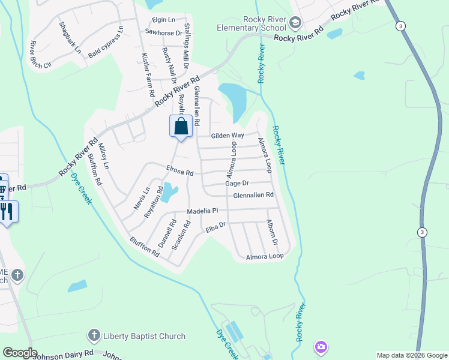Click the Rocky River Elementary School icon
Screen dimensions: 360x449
point(295,23)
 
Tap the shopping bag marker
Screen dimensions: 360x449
point(181,127)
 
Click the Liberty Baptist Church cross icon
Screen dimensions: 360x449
point(93,335)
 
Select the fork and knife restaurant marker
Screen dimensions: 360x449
point(8,212)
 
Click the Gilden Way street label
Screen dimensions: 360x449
point(227,136)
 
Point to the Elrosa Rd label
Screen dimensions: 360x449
point(179,172)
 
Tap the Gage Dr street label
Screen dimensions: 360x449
point(237,183)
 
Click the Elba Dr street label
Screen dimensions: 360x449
point(214,227)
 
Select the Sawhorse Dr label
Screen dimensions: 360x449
point(163,33)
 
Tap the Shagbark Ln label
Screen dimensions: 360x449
point(70,37)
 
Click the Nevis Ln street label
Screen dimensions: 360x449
point(142,199)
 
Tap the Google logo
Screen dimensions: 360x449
point(20,353)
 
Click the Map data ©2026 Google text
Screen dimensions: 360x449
point(411,355)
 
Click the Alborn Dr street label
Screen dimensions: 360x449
point(272,233)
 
